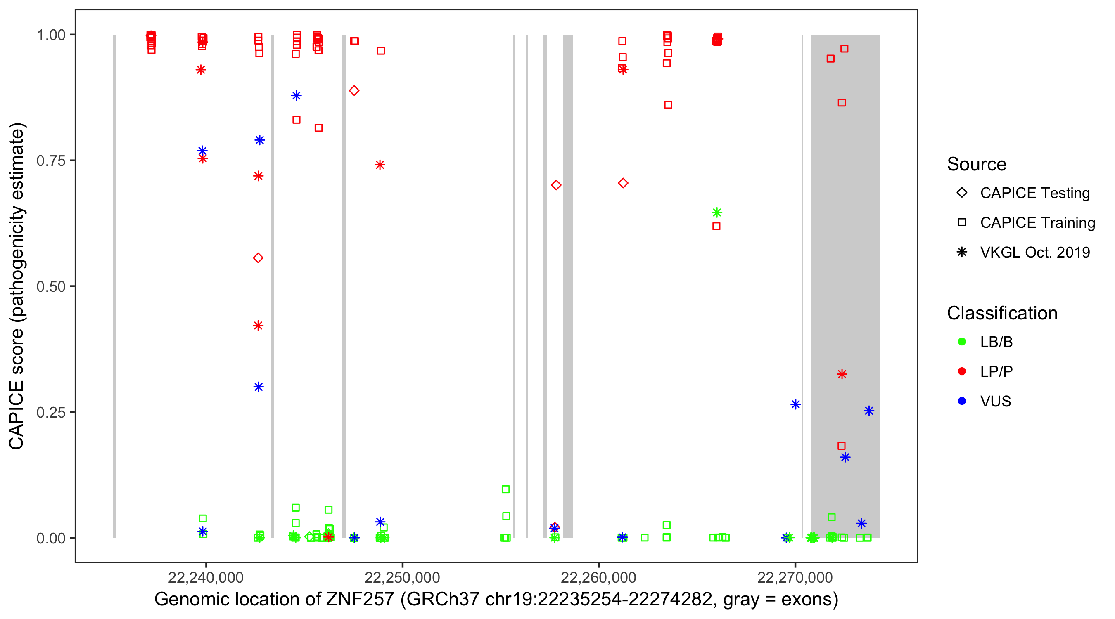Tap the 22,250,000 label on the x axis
click(402, 577)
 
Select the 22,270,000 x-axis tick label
click(795, 577)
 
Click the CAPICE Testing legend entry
click(1034, 193)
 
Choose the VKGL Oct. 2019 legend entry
click(1034, 252)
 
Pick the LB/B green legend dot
click(962, 342)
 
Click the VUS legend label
click(996, 402)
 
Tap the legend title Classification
click(1002, 313)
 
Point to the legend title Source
click(977, 164)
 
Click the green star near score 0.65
click(717, 213)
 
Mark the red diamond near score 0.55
click(258, 258)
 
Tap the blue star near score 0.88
click(296, 96)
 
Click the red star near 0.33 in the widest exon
click(842, 374)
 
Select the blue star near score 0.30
click(259, 387)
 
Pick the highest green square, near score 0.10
click(505, 489)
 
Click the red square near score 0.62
click(716, 226)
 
